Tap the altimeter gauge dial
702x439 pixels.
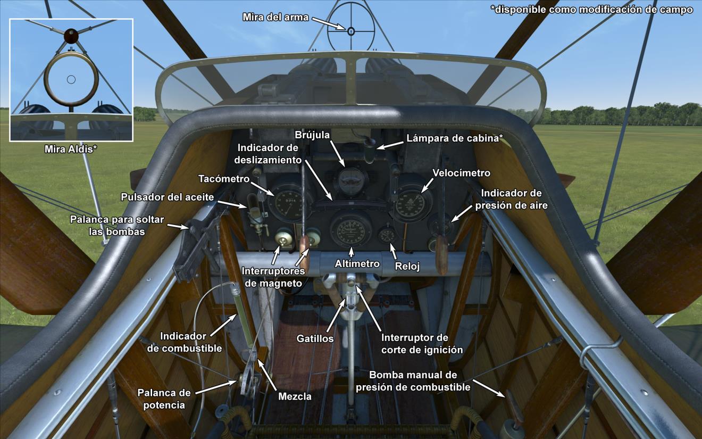tap(351, 228)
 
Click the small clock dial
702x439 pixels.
tap(387, 235)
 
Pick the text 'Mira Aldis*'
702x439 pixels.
tap(70, 150)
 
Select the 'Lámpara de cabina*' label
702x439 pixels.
tap(455, 138)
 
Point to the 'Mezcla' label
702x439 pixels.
tap(294, 396)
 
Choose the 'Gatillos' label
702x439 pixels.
tap(316, 338)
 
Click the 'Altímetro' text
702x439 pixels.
tap(357, 263)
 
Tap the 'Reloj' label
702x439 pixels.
tap(407, 267)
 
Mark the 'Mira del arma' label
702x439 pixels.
tap(275, 17)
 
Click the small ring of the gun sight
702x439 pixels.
tap(351, 31)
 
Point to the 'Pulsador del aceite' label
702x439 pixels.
tap(168, 197)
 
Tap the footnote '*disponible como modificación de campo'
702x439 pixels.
tap(591, 10)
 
